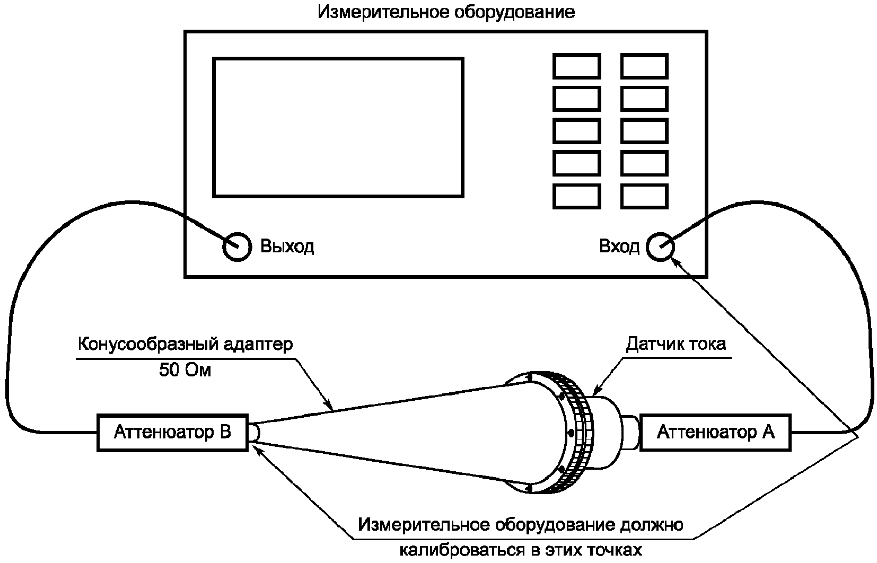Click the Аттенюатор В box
point(172,433)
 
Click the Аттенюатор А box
point(715,433)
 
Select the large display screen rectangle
point(338,128)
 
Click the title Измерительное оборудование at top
point(446,12)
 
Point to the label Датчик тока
point(676,344)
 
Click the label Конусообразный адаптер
point(185,345)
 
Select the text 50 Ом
point(185,370)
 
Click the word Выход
point(287,247)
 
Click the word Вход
point(619,247)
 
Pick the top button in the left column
point(576,67)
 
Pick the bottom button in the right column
point(644,196)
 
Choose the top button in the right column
point(644,67)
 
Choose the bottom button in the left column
point(576,196)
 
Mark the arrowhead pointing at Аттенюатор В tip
point(257,447)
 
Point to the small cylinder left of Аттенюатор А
point(630,432)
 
